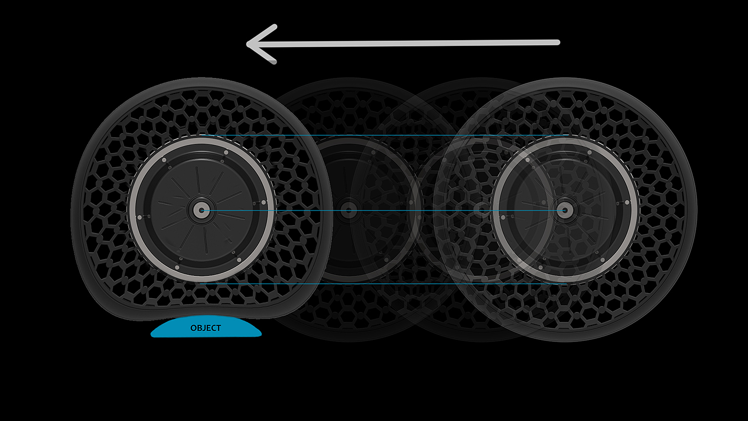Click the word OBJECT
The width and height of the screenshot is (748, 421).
tap(206, 328)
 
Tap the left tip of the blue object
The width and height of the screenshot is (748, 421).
tap(153, 335)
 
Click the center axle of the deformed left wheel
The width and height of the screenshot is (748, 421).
tap(201, 210)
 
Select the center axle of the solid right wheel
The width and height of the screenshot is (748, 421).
tap(564, 210)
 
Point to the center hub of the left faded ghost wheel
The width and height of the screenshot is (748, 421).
tap(349, 210)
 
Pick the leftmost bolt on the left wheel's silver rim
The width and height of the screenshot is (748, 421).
tap(139, 217)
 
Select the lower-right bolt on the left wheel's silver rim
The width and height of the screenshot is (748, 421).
tap(238, 260)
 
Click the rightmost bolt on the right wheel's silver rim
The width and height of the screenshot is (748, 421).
tap(627, 202)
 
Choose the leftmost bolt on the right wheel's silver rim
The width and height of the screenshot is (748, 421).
tap(502, 217)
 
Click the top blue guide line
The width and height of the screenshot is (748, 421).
tap(374, 136)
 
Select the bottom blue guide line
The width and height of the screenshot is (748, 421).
tap(374, 284)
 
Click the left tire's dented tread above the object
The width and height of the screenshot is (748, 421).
tap(206, 313)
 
